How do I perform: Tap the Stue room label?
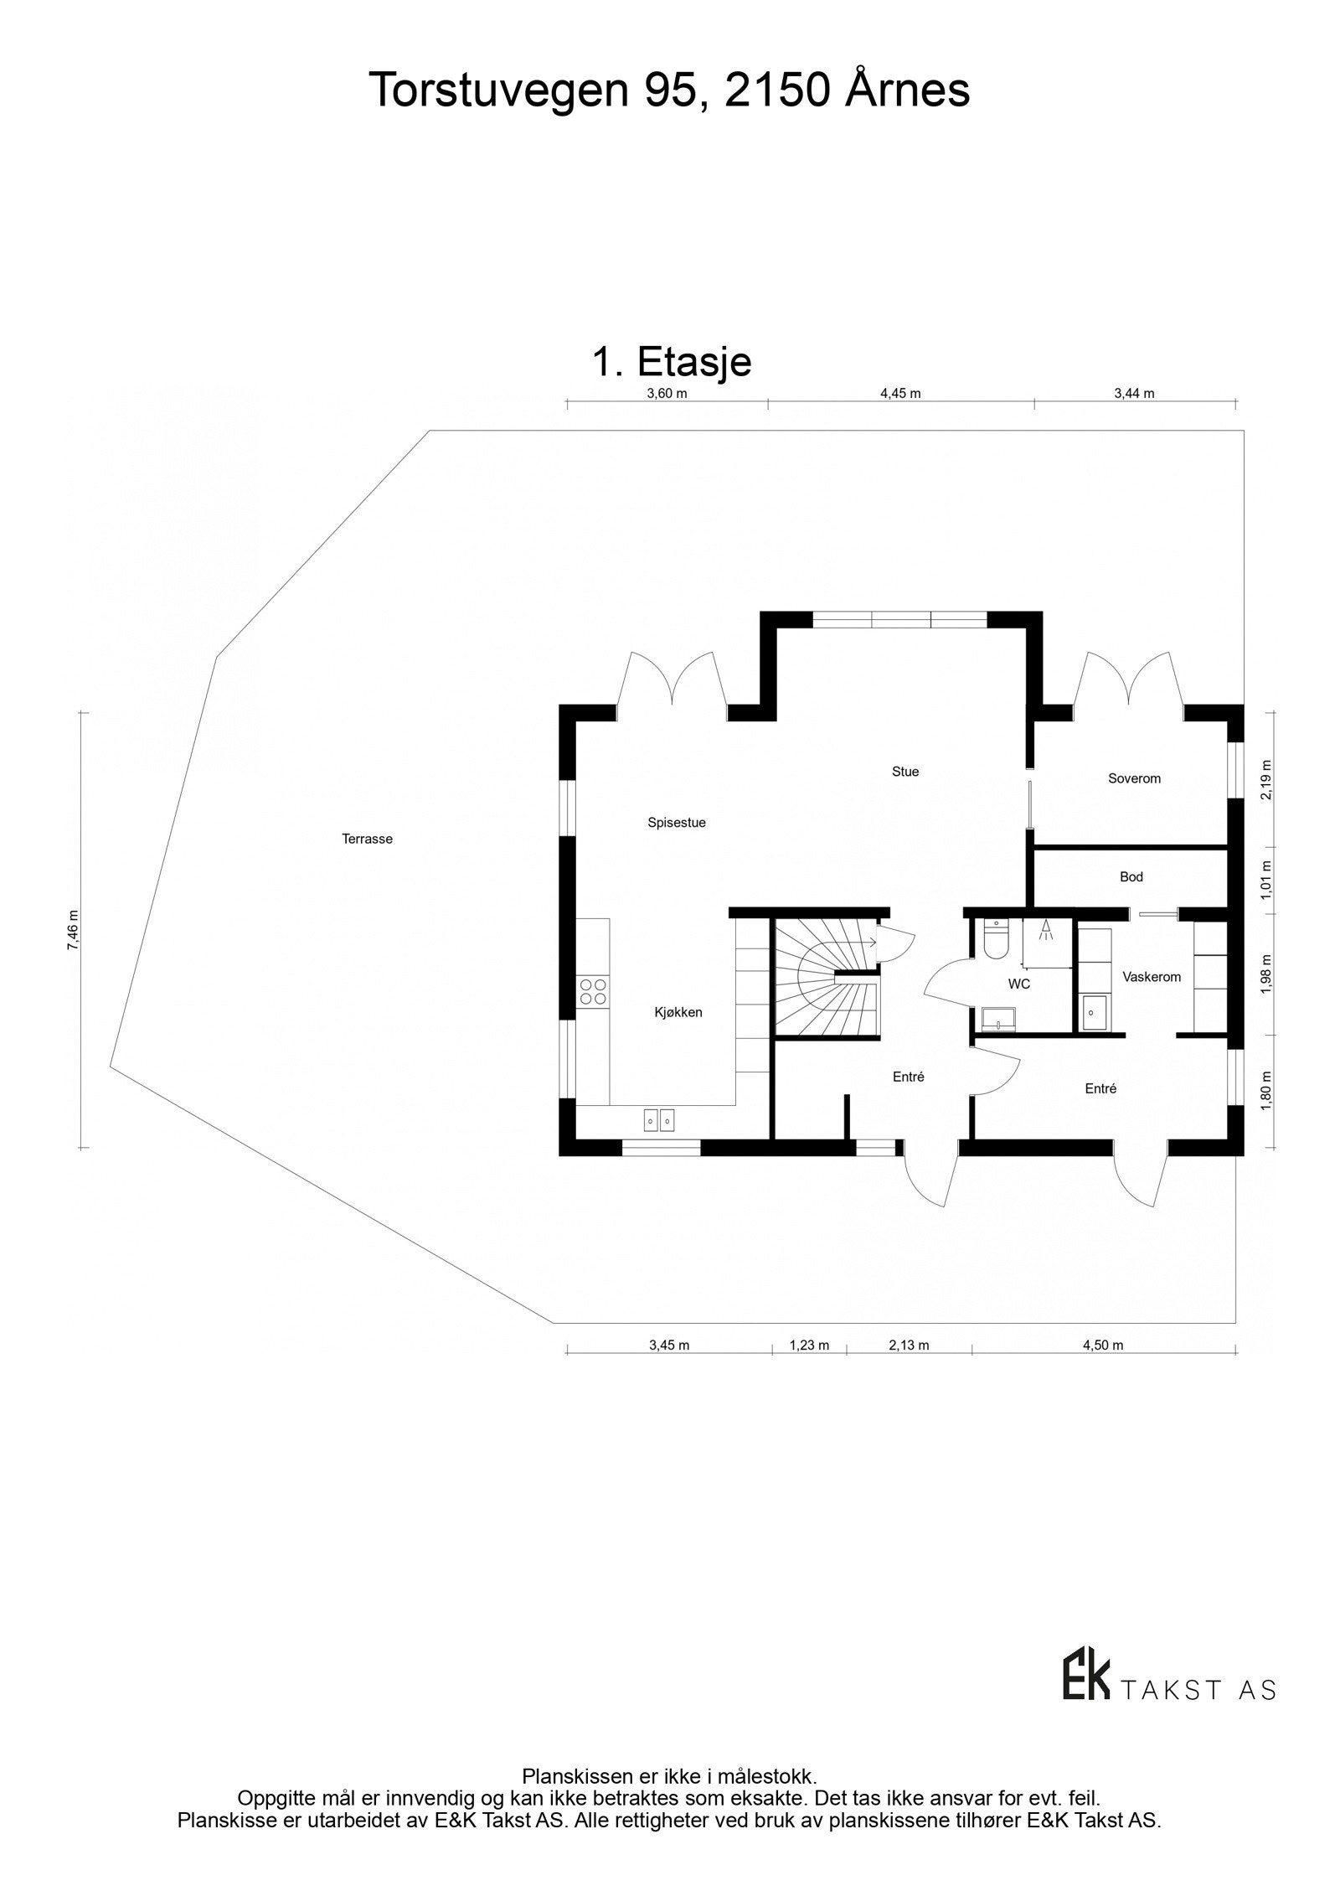(905, 772)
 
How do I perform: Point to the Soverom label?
(1134, 778)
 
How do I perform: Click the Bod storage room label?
(1131, 877)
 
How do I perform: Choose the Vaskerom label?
(1152, 977)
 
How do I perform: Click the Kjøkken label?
(678, 1012)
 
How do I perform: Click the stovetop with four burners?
(593, 992)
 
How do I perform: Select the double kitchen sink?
(659, 1118)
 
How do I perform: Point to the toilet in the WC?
(996, 940)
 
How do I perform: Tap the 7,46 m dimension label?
(74, 930)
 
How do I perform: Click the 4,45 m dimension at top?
(900, 394)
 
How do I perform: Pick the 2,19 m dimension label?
(1265, 779)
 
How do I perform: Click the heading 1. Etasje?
(672, 362)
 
